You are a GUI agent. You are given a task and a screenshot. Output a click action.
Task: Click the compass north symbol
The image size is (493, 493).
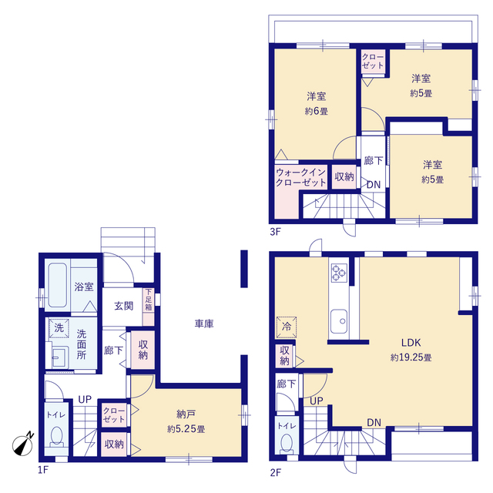[x=23, y=444]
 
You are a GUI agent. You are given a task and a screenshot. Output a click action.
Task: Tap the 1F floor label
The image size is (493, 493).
[x=43, y=470]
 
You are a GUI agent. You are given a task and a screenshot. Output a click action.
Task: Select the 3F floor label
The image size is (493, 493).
[x=275, y=232]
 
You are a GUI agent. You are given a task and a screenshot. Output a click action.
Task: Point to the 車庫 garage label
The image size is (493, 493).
[x=204, y=324]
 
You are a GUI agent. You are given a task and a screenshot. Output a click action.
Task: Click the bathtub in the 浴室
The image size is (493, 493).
[x=58, y=285]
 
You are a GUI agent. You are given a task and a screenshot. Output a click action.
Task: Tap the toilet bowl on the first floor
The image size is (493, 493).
[x=56, y=436]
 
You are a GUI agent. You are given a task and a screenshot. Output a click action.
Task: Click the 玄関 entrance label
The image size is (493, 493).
[x=123, y=306]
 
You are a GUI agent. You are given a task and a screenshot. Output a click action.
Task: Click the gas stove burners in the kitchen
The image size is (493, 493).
[x=339, y=273]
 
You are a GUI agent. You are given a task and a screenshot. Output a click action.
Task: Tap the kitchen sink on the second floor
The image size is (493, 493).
[x=339, y=321]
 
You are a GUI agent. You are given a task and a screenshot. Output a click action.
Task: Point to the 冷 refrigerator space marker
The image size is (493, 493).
[x=286, y=327]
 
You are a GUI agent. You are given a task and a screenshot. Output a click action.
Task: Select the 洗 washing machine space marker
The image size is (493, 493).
[x=59, y=328]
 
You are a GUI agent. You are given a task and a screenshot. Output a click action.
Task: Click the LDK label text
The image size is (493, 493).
[x=411, y=343]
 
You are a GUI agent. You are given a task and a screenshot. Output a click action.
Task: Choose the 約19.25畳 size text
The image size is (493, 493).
[x=411, y=357]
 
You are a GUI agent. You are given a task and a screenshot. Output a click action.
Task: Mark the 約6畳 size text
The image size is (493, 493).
[x=317, y=111]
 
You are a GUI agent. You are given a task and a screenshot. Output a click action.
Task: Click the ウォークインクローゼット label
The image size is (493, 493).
[x=301, y=177]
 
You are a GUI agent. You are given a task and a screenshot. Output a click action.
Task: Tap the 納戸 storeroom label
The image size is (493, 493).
[x=186, y=414]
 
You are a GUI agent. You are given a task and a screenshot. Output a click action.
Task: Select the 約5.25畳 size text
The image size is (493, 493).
[x=186, y=429]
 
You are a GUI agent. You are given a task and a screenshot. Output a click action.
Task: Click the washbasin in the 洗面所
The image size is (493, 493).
[x=60, y=357]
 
